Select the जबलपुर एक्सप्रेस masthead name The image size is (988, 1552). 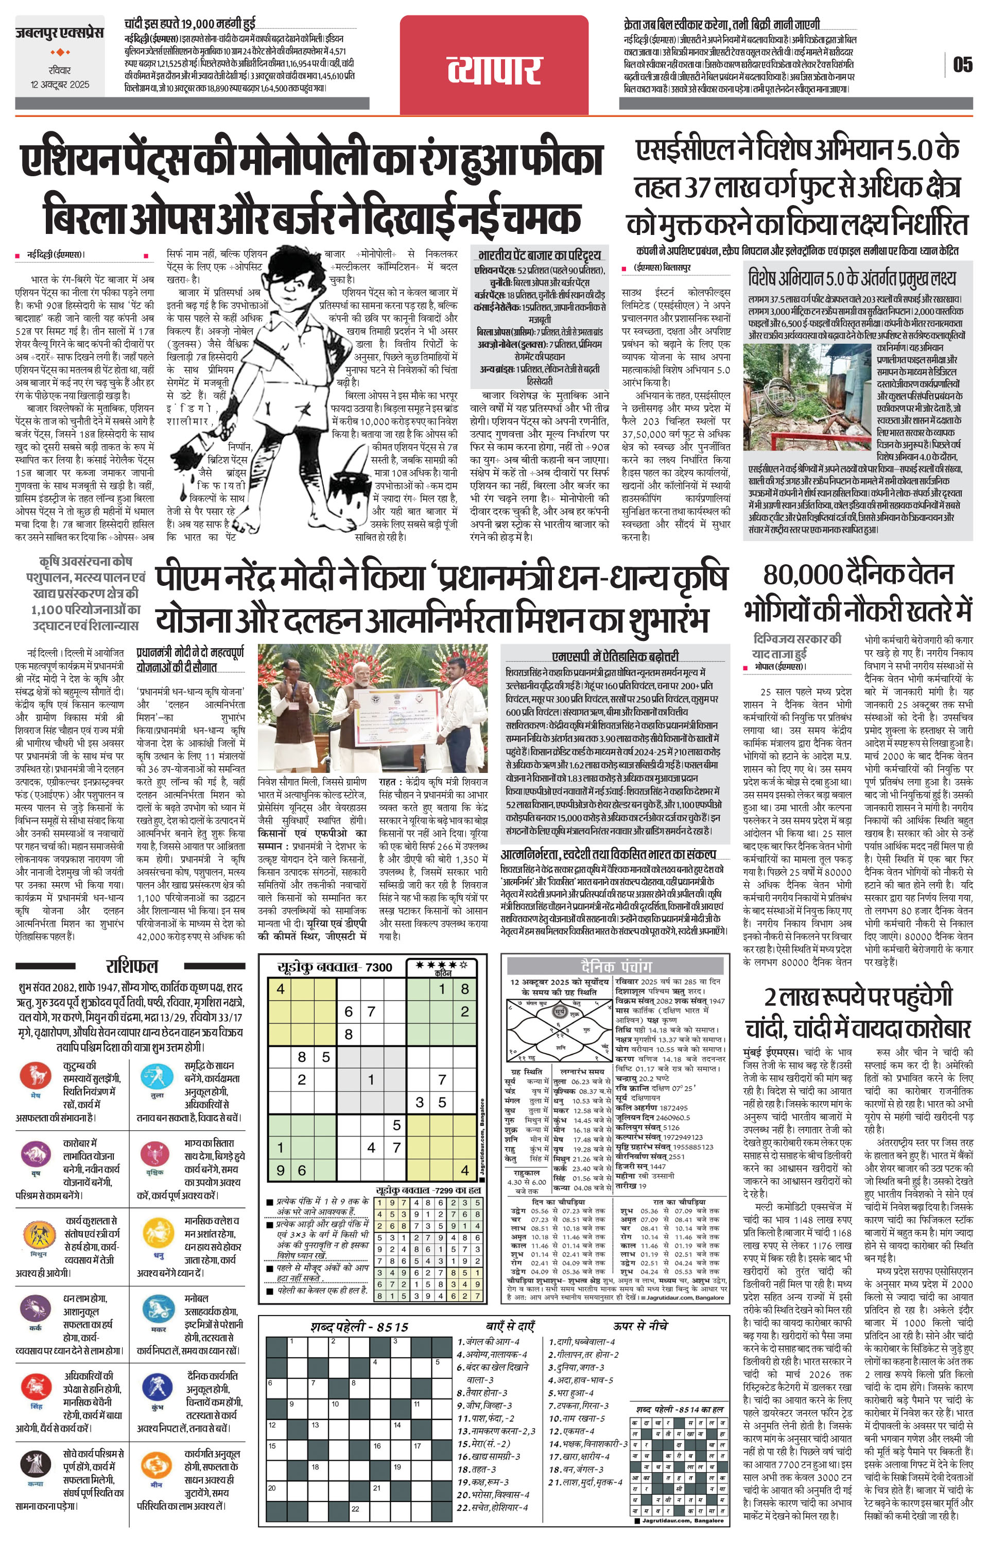[x=59, y=33]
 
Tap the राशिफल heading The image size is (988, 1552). [x=131, y=966]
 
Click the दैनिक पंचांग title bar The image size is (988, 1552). [x=616, y=966]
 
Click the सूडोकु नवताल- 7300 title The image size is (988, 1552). [x=334, y=967]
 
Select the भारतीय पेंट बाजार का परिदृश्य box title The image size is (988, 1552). [x=540, y=255]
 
